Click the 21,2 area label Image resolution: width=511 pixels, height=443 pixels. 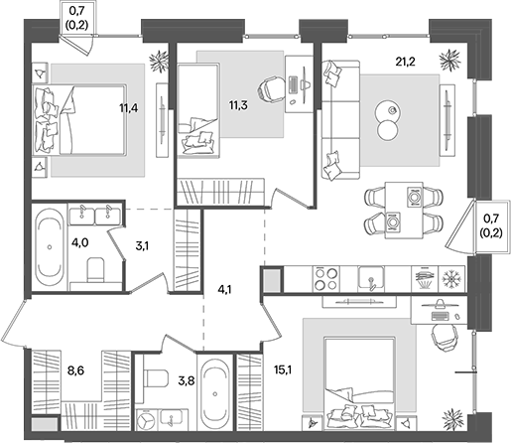405,62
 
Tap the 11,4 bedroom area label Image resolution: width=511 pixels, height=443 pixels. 129,107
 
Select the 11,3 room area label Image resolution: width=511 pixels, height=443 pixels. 238,105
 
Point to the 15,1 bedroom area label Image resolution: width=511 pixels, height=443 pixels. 283,370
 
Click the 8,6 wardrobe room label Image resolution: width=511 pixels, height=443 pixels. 75,370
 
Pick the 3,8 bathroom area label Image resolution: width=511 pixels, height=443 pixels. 187,381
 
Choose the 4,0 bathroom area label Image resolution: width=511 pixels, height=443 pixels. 79,243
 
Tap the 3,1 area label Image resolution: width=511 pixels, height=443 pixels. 142,246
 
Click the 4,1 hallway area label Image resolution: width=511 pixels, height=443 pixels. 224,290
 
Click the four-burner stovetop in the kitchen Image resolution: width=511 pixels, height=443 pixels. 326,279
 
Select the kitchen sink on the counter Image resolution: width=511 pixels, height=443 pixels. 371,278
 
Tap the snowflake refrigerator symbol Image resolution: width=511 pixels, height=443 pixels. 451,279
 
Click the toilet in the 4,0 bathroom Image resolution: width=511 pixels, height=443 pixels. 95,270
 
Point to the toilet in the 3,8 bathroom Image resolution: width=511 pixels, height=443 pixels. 156,378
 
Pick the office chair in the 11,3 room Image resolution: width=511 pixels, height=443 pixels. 272,89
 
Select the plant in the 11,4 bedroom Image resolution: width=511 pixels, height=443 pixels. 159,62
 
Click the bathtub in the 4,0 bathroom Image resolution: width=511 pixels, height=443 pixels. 50,246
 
